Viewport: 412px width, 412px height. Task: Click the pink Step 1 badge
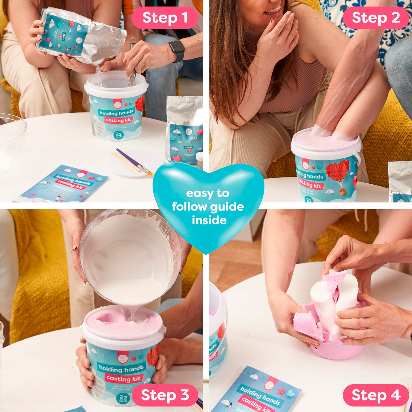click(165, 18)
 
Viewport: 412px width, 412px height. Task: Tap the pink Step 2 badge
click(376, 18)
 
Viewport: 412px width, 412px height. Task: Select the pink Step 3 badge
click(165, 395)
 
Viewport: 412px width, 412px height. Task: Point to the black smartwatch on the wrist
click(177, 51)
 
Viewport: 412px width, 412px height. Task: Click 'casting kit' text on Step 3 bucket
click(123, 378)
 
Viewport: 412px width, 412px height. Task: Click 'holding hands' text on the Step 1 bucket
click(116, 113)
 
